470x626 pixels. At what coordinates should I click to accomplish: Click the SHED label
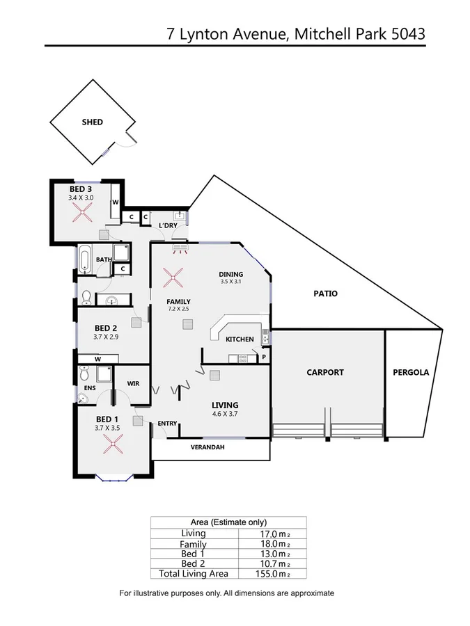pyautogui.click(x=92, y=122)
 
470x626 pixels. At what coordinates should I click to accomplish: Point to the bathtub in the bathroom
pyautogui.click(x=84, y=261)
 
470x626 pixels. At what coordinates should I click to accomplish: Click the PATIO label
pyautogui.click(x=325, y=294)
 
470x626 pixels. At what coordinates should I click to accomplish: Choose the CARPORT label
pyautogui.click(x=325, y=372)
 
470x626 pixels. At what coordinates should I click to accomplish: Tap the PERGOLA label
pyautogui.click(x=411, y=372)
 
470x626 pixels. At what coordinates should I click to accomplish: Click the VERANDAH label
pyautogui.click(x=208, y=447)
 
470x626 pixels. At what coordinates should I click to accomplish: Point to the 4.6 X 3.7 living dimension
pyautogui.click(x=225, y=414)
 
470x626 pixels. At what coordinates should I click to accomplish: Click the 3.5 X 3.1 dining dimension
pyautogui.click(x=230, y=282)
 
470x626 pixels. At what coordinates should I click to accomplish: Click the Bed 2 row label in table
pyautogui.click(x=194, y=563)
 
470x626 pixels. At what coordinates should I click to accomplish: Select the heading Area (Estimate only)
pyautogui.click(x=228, y=522)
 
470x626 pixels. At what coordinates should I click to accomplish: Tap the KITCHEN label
pyautogui.click(x=239, y=339)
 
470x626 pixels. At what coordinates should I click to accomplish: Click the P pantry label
pyautogui.click(x=263, y=358)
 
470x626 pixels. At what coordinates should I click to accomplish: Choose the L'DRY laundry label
pyautogui.click(x=168, y=226)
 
